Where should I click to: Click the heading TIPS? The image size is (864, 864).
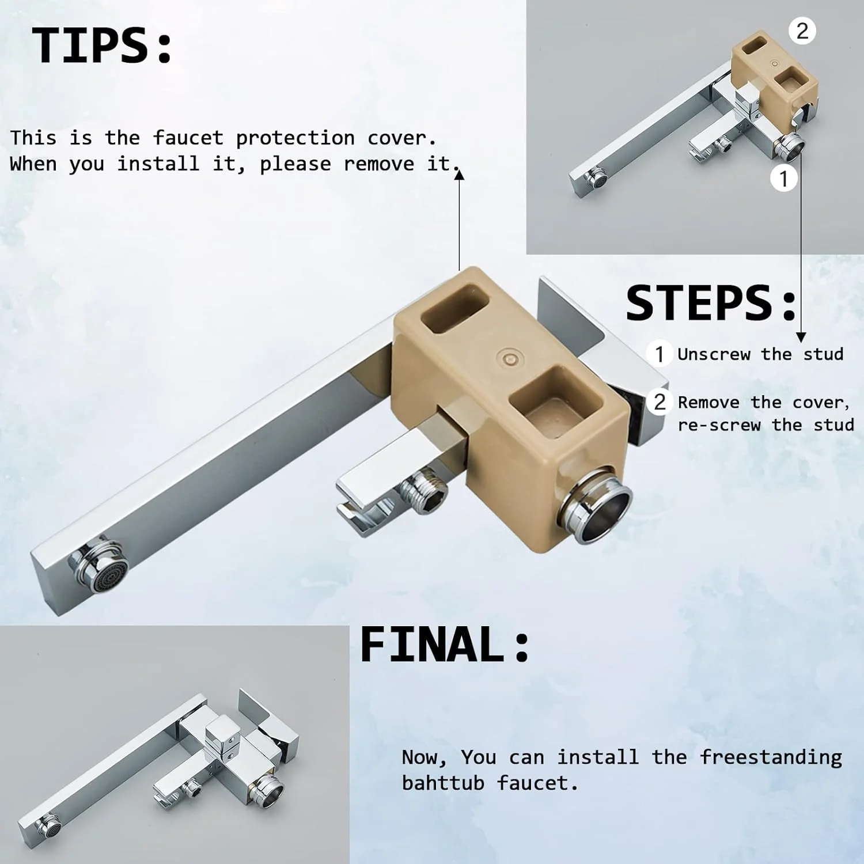(x=102, y=46)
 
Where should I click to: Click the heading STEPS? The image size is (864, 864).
(x=711, y=303)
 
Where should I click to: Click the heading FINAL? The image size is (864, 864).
(x=445, y=645)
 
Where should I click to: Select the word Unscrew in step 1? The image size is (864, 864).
(x=714, y=354)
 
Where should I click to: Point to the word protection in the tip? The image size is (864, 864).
(x=295, y=138)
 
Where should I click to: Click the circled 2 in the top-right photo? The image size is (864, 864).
(x=802, y=31)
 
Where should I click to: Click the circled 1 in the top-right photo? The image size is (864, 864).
(x=783, y=179)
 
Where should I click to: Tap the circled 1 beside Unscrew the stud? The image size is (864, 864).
(x=660, y=354)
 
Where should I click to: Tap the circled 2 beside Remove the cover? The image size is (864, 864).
(x=660, y=401)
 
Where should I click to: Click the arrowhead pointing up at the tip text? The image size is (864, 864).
(x=459, y=174)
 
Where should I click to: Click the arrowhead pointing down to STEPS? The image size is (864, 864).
(x=801, y=338)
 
